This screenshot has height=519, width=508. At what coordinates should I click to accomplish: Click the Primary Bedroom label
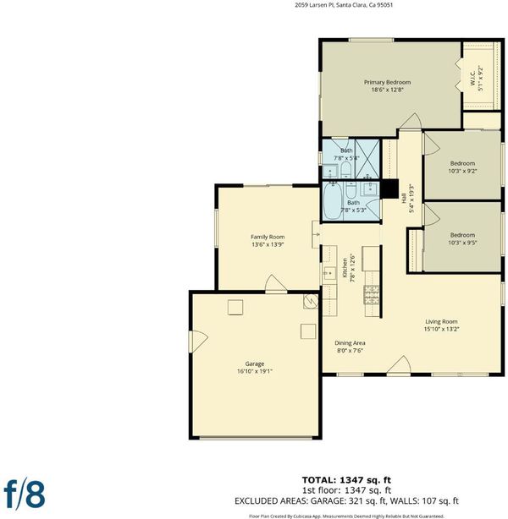coord(387,82)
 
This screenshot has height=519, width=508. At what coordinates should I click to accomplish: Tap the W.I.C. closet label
coord(472,78)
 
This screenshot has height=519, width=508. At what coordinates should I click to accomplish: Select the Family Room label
coord(268,237)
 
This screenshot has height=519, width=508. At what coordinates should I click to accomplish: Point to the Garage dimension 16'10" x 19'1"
coord(255,371)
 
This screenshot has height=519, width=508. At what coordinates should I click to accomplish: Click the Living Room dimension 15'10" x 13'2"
coord(441,329)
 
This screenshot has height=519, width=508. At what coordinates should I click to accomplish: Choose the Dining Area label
coord(350,343)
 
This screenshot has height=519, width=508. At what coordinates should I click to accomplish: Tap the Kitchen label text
coord(345,268)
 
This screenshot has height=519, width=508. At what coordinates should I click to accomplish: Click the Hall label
coord(404,199)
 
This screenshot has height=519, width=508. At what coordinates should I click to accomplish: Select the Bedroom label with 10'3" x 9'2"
coord(462,163)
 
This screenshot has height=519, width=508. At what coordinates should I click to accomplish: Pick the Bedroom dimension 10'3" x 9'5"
coord(462,243)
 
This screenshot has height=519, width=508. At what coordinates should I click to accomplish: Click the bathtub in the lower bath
coord(333,200)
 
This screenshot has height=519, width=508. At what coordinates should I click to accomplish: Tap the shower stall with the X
coord(367,159)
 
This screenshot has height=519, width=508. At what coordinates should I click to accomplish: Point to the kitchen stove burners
coord(372,295)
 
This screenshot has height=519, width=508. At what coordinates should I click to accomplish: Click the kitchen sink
coord(329,273)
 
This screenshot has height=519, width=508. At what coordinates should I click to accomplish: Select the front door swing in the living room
coord(400,365)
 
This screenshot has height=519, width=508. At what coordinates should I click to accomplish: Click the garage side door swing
coord(198,341)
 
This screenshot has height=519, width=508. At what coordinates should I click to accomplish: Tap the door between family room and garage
coord(276,284)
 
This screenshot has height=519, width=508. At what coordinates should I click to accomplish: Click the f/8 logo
coord(25,494)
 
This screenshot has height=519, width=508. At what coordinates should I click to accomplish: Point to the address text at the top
coord(344,5)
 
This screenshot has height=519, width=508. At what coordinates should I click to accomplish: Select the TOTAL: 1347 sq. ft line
coord(346,480)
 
